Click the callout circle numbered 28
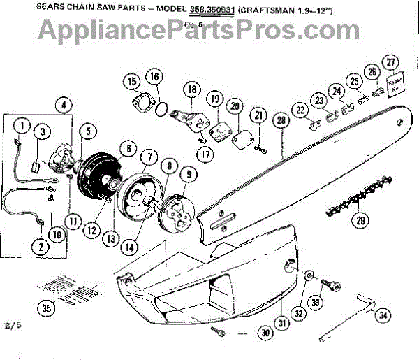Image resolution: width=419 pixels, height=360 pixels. (281, 121)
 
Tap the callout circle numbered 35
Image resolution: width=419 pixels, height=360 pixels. (46, 308)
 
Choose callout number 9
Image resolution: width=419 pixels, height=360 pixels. (186, 173)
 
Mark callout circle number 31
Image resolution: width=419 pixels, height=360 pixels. (283, 323)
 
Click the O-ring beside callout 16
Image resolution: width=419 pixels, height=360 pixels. (161, 110)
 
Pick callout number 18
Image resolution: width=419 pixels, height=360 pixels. (191, 89)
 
